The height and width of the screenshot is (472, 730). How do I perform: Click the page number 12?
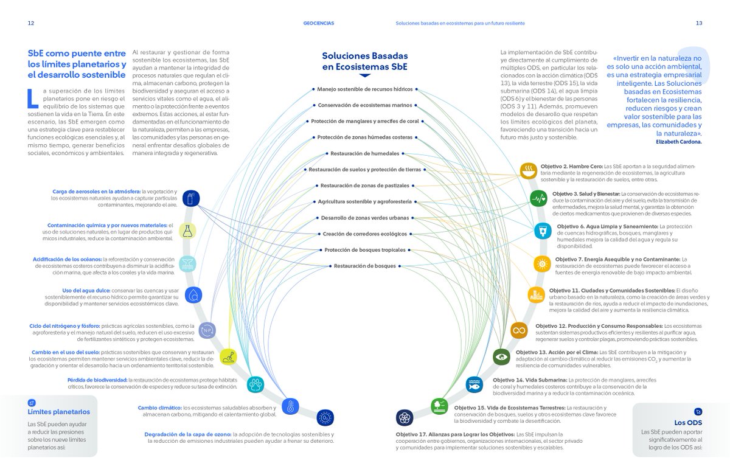point(30,23)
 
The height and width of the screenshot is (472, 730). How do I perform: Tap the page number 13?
point(699,23)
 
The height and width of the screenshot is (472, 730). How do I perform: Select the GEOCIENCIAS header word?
point(318,23)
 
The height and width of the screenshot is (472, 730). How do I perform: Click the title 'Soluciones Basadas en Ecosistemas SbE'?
point(365,61)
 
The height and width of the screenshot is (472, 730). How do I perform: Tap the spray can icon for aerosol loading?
point(191,199)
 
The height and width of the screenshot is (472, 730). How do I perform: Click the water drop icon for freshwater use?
point(193,296)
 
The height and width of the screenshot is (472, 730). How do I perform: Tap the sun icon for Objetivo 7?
point(541,263)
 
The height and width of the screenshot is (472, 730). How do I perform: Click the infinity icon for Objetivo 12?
point(519,330)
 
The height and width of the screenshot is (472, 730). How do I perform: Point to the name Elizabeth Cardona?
point(679,141)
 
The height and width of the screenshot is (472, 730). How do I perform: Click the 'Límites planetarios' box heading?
point(58,412)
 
